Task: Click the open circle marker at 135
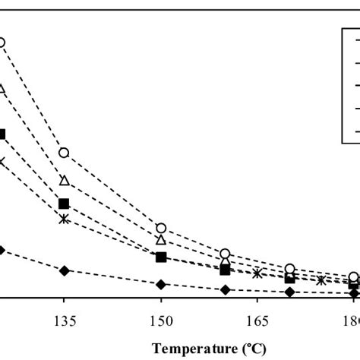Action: pyautogui.click(x=64, y=153)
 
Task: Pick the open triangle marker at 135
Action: pyautogui.click(x=64, y=180)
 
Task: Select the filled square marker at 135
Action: pyautogui.click(x=64, y=203)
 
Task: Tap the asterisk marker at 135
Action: pyautogui.click(x=64, y=219)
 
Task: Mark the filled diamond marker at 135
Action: pyautogui.click(x=64, y=270)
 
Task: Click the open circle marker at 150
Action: pyautogui.click(x=161, y=228)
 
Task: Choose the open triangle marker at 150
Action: pyautogui.click(x=161, y=239)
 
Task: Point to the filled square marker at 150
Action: pyautogui.click(x=161, y=257)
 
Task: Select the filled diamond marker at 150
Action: pyautogui.click(x=161, y=284)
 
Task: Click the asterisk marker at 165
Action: pyautogui.click(x=257, y=273)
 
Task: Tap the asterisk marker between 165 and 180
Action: pyautogui.click(x=322, y=280)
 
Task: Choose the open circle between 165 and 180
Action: pyautogui.click(x=290, y=269)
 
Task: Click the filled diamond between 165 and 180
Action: pyautogui.click(x=290, y=292)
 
